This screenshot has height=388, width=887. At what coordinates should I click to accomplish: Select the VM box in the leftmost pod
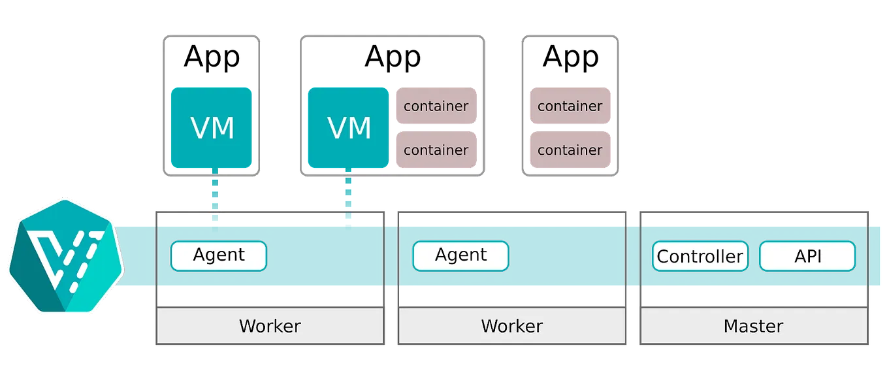[212, 128]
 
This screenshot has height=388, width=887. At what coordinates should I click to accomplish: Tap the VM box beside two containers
[349, 128]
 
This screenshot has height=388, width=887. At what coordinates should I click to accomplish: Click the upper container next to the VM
[436, 106]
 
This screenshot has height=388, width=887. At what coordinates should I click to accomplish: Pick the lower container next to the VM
[436, 150]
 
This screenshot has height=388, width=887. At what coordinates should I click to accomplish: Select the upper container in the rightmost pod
[570, 106]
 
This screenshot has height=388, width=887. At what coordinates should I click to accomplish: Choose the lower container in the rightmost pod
[570, 150]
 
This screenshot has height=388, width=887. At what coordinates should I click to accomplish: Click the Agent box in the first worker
[219, 255]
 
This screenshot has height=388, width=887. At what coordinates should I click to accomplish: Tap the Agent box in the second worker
[460, 255]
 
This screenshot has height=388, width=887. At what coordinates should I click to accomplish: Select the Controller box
[700, 256]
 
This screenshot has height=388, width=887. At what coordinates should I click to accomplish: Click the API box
[807, 256]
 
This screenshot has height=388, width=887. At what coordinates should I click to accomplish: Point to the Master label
[753, 326]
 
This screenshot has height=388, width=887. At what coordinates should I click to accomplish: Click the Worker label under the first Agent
[270, 326]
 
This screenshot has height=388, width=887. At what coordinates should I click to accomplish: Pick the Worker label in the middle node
[511, 326]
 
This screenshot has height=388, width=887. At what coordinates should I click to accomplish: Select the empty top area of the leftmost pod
[212, 60]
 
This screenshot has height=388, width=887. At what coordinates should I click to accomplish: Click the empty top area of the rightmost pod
[570, 60]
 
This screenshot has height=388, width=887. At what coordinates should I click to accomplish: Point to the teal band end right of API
[877, 255]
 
